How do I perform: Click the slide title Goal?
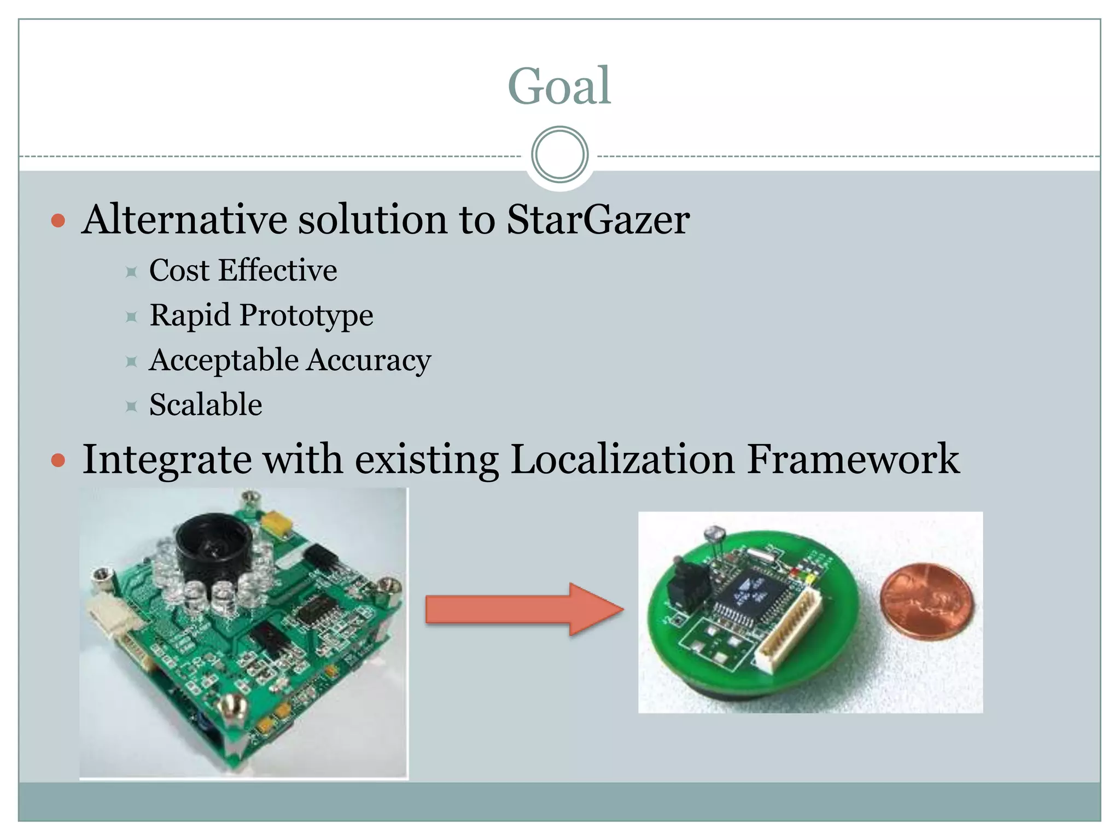point(559,86)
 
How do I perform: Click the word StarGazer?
point(598,220)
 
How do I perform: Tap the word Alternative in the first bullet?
point(184,220)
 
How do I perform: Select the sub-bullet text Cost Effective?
point(243,271)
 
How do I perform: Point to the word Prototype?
point(306,316)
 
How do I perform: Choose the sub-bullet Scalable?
point(206,405)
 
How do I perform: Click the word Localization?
point(622,459)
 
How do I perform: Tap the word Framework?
point(853,459)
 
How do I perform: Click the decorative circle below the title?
point(559,155)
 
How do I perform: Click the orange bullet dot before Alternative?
point(58,221)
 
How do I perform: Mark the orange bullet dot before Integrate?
point(58,460)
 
